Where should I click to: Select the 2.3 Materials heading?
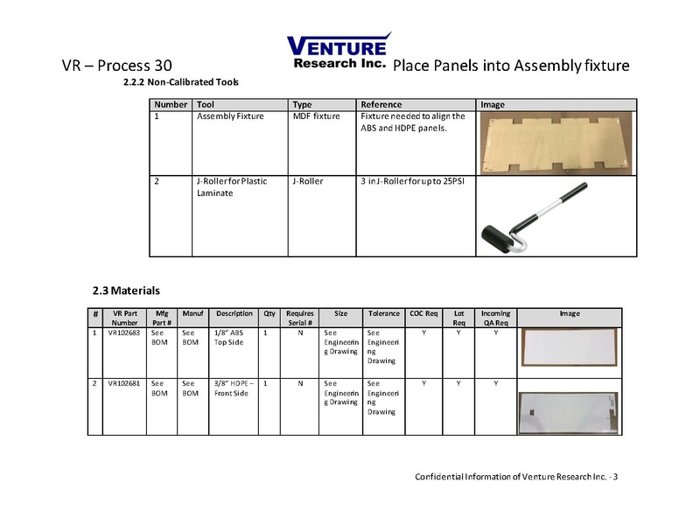(126, 290)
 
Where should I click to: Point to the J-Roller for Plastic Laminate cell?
(232, 187)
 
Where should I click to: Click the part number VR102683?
(122, 333)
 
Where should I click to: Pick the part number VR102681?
(122, 383)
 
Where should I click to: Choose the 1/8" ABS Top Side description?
(229, 338)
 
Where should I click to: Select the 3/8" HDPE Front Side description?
(232, 388)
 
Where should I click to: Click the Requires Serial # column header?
(299, 318)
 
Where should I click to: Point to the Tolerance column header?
(383, 313)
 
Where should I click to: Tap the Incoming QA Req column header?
(496, 318)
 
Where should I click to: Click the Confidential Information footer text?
(516, 476)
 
